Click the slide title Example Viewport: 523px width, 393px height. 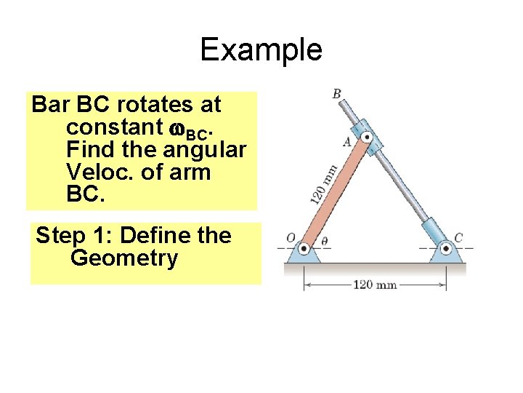click(x=261, y=49)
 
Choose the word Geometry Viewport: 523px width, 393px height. click(x=124, y=258)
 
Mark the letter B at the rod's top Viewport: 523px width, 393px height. click(x=337, y=93)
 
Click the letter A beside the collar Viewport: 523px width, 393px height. click(x=346, y=143)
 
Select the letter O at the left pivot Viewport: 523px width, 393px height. click(x=290, y=238)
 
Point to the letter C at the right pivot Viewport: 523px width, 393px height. click(x=458, y=238)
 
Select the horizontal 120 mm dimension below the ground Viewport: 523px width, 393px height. click(x=375, y=284)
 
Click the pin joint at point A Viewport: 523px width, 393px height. click(x=367, y=137)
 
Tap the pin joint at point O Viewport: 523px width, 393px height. click(x=304, y=249)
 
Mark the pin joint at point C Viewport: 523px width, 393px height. click(x=445, y=249)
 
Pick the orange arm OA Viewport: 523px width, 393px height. click(x=335, y=193)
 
